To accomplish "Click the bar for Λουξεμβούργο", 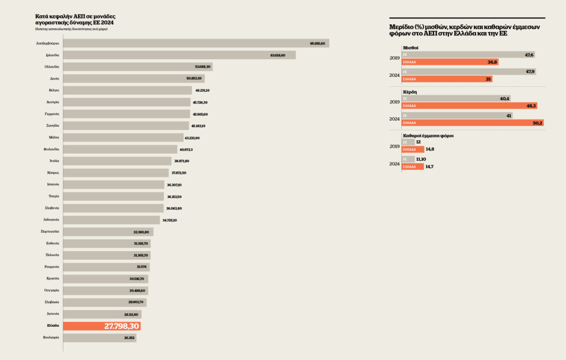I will (x=196, y=43).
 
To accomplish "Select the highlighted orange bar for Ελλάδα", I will (x=102, y=326).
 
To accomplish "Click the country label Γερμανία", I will (x=53, y=114).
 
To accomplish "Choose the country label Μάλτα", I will (x=54, y=137).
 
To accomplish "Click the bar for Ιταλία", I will (x=118, y=161).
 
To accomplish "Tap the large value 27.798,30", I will (x=122, y=326).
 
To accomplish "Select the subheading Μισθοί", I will (x=410, y=48).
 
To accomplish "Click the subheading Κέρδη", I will (x=410, y=91).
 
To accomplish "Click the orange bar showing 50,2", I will (x=472, y=123).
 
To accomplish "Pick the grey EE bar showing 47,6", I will (x=468, y=55).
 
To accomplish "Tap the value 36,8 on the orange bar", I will (x=490, y=62).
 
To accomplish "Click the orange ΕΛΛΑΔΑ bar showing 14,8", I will (x=412, y=149).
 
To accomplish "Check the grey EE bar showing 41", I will (x=457, y=116).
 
